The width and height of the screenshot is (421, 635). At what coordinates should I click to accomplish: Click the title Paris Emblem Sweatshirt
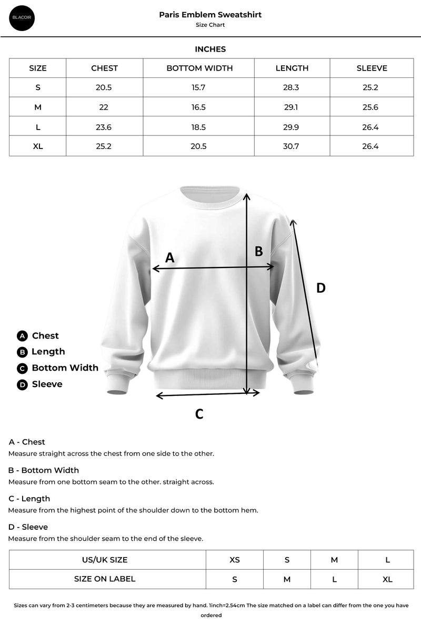point(210,15)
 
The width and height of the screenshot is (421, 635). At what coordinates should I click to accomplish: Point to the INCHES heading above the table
point(210,49)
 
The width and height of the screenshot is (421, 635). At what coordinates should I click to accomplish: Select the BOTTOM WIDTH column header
point(199,68)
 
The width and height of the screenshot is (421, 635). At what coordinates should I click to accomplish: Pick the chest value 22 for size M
point(104,107)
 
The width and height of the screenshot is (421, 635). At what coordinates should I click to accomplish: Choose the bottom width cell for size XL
point(198,146)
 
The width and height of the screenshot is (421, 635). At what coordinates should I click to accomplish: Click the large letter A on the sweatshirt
point(169,257)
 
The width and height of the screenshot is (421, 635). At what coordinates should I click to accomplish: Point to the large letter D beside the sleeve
point(320,288)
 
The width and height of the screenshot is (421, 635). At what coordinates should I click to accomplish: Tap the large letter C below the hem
point(199,414)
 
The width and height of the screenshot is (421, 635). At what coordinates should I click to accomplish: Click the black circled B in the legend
point(22,352)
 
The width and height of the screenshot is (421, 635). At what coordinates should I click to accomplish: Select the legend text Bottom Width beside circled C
point(65,368)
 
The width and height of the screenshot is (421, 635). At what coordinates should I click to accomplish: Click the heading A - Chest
point(27,442)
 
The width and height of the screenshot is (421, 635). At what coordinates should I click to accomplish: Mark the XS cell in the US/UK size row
point(234,560)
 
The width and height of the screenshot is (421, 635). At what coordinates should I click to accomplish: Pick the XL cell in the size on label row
point(387,579)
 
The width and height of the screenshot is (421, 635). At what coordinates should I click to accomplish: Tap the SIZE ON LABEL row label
point(105,579)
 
